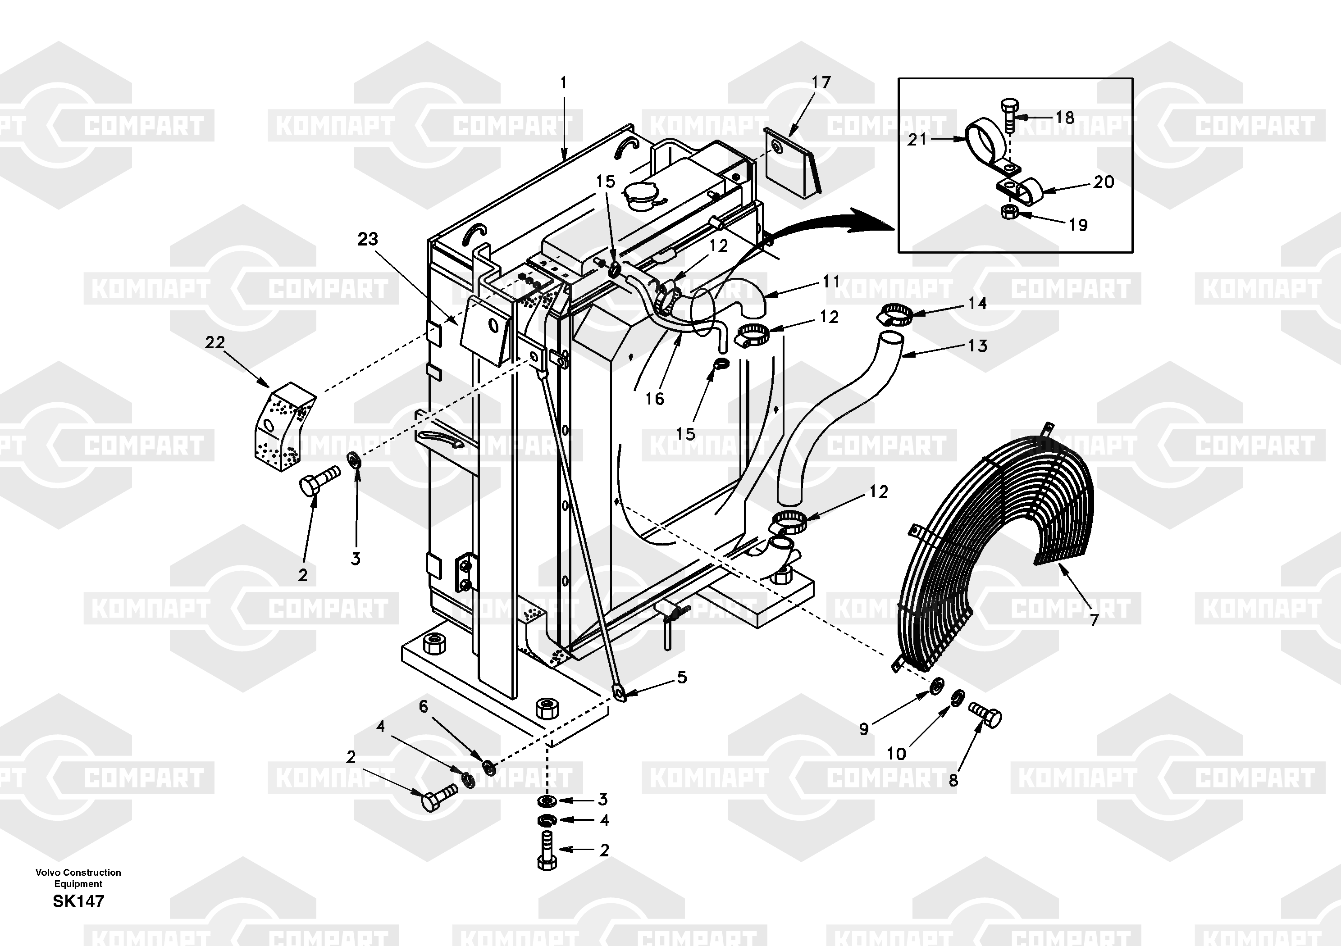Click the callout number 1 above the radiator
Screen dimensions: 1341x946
tap(564, 83)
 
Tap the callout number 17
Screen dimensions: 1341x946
tap(821, 82)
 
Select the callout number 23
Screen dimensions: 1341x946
tap(368, 239)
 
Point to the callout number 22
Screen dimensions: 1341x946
tap(215, 342)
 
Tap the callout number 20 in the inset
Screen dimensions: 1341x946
tap(1103, 182)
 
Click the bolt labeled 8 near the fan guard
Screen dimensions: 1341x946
tap(985, 715)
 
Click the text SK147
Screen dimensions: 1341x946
tap(78, 901)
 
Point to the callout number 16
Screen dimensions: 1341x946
tap(654, 398)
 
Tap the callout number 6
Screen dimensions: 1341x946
tap(424, 707)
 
